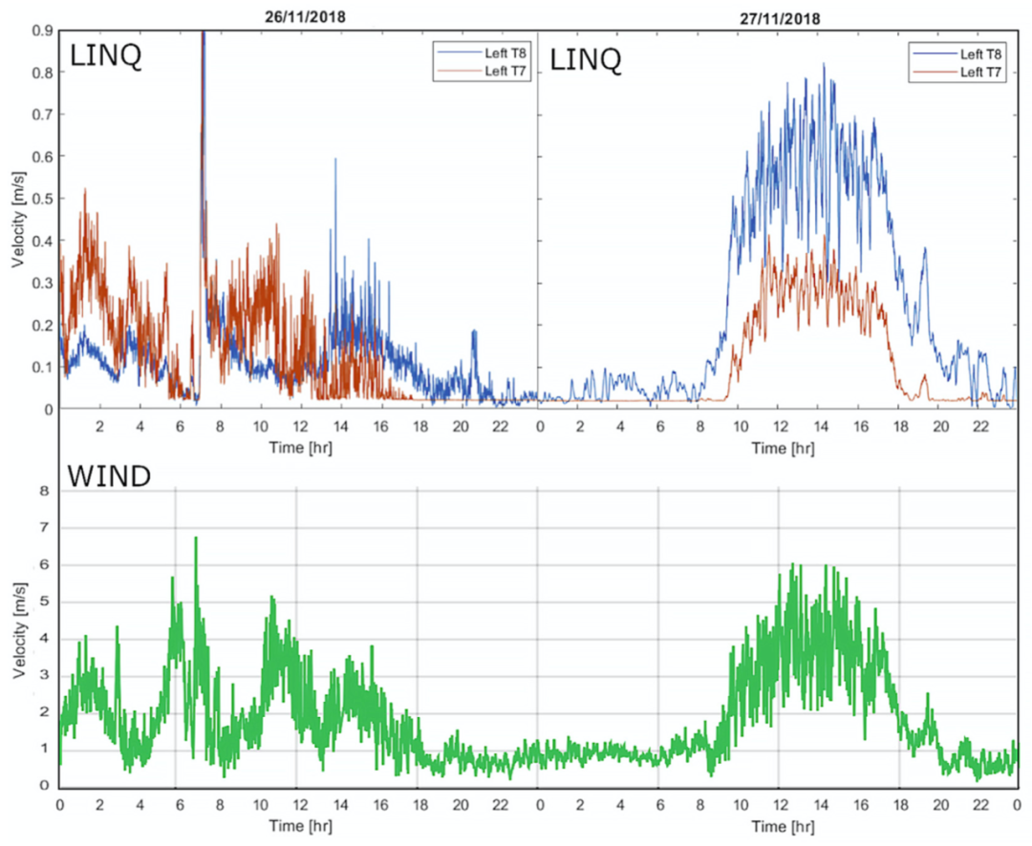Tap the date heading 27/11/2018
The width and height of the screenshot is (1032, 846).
click(x=780, y=17)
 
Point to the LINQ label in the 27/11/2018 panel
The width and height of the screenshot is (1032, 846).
click(x=586, y=59)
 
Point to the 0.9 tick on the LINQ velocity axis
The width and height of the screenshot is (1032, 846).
click(x=42, y=31)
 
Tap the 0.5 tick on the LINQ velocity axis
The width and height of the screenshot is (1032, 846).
click(x=42, y=199)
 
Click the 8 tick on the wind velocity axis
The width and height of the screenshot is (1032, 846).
click(x=41, y=491)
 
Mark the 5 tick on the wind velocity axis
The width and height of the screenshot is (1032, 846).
click(x=41, y=603)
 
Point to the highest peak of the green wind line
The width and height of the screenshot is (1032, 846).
click(x=196, y=538)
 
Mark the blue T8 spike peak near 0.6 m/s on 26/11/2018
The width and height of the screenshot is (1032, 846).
click(x=334, y=159)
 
